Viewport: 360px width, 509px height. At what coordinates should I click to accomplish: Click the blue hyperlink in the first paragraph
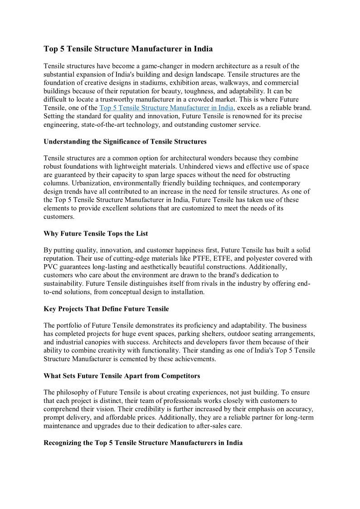pos(166,108)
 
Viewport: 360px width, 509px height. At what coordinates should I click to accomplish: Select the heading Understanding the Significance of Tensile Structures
pos(125,141)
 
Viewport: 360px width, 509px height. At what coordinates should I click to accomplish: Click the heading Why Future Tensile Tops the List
pos(96,233)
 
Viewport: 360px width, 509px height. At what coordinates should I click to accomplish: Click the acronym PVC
pos(51,267)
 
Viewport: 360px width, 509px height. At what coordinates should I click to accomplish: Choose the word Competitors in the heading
pos(179,376)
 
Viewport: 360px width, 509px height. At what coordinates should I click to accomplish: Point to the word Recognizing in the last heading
pos(63,443)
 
